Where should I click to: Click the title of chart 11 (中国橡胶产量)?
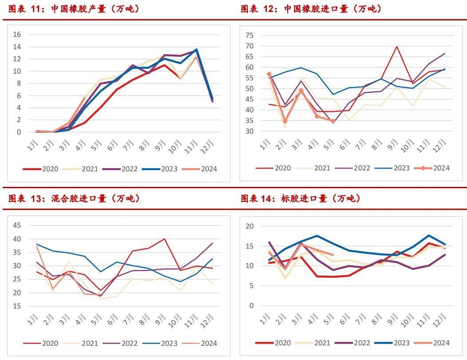[73, 9]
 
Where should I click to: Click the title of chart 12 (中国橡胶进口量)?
[311, 9]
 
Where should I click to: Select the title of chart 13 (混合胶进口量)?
[73, 198]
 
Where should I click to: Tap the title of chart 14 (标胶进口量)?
[300, 198]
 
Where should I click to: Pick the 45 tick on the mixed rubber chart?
[16, 225]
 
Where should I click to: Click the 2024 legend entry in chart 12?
[432, 168]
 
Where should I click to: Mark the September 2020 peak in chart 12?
[396, 46]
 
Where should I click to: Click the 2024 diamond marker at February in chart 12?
[285, 121]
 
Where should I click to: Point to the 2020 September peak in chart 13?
[165, 239]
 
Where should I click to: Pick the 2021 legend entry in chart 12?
[315, 168]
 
